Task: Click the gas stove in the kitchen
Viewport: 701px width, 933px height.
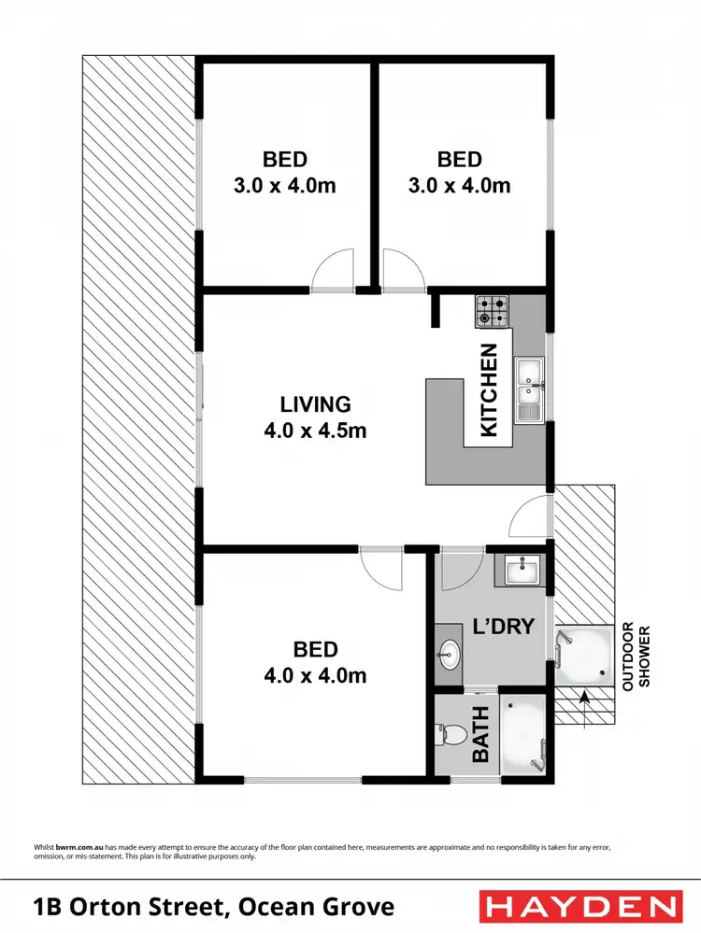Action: tap(493, 311)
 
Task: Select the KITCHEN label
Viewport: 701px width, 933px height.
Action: tap(489, 391)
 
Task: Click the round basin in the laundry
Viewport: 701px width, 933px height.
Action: tap(450, 655)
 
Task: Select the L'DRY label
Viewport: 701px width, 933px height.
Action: tap(504, 626)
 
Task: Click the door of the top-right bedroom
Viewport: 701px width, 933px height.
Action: tap(402, 272)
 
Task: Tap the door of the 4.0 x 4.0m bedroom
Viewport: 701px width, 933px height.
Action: tap(382, 568)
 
